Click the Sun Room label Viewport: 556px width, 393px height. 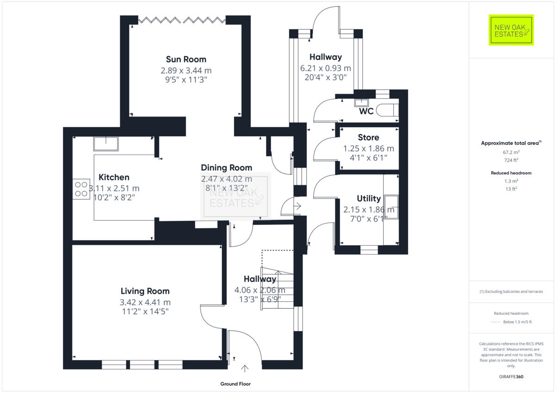point(186,59)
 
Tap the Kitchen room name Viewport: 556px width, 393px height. point(114,177)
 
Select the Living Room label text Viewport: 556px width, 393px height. point(145,291)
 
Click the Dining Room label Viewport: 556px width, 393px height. point(226,168)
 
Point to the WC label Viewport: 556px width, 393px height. point(366,112)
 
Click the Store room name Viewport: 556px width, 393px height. point(368,137)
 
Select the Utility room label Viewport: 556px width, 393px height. point(369,199)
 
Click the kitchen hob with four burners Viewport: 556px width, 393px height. point(81,189)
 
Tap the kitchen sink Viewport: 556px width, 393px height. point(106,144)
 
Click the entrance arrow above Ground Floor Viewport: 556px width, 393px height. point(245,368)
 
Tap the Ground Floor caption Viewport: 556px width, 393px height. point(235,384)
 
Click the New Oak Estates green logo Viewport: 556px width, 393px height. point(512,30)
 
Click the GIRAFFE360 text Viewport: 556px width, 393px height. point(512,377)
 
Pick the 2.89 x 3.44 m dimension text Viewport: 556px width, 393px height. point(186,71)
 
